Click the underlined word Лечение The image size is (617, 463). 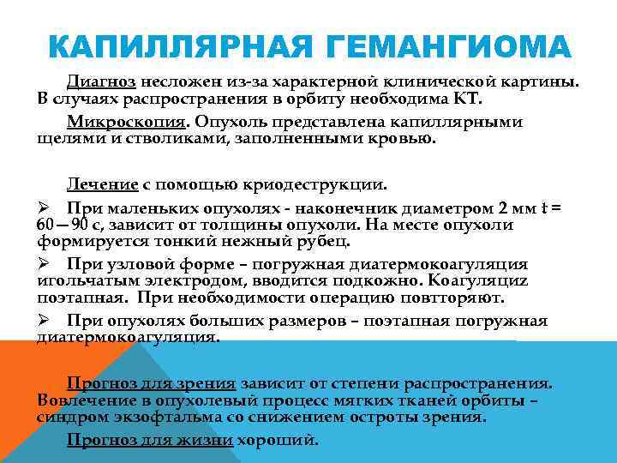pos(103,184)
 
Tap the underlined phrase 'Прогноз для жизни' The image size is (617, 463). pos(150,441)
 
